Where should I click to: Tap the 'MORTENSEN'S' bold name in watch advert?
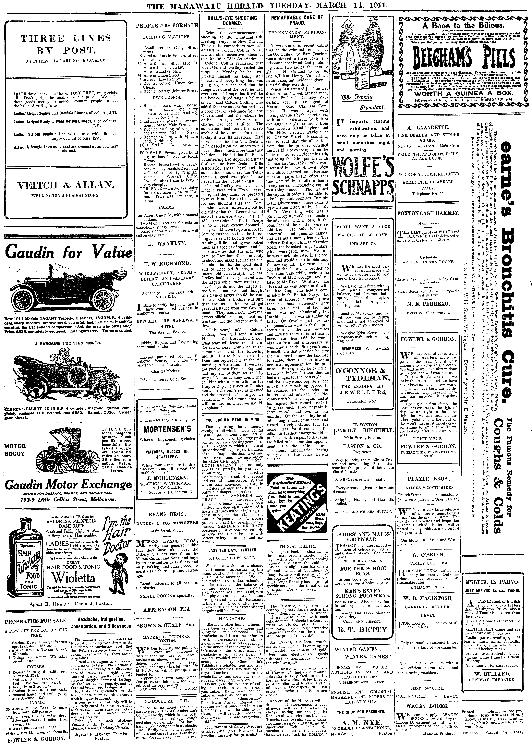(x=167, y=429)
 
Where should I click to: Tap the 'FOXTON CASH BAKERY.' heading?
(x=428, y=213)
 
